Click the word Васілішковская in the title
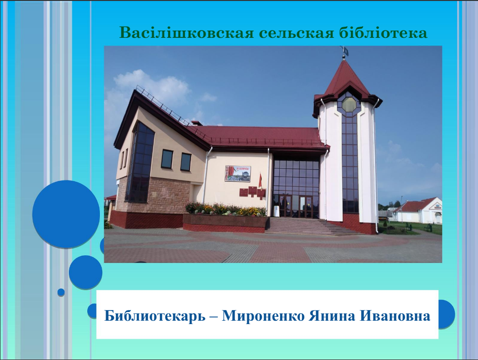coord(186,33)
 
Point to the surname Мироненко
coord(263,316)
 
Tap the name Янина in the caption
coord(332,316)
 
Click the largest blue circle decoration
coord(66,214)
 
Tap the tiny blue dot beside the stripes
coord(61,292)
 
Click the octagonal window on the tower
coord(349,104)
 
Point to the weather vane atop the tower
coord(344,52)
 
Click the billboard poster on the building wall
coord(238,174)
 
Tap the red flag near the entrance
coord(260,181)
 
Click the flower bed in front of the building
coord(226,209)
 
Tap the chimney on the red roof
coord(197,123)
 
